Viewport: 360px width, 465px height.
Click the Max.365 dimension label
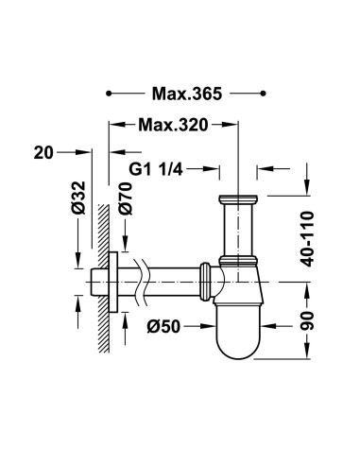[185, 94]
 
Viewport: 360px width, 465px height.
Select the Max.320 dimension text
[173, 125]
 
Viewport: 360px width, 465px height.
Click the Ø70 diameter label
[124, 200]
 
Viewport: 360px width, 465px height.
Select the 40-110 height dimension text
[307, 233]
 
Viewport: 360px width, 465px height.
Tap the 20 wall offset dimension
[41, 151]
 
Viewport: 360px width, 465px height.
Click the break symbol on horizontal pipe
[144, 281]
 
